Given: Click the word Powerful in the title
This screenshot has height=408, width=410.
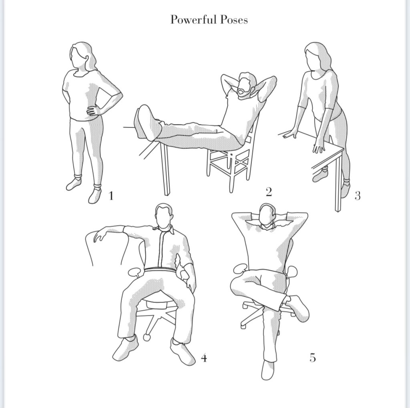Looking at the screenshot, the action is pyautogui.click(x=193, y=20).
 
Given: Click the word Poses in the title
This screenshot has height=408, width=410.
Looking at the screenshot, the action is pyautogui.click(x=234, y=20).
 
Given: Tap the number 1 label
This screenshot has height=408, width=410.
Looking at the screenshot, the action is pyautogui.click(x=111, y=196).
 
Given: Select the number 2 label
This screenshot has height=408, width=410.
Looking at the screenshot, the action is pyautogui.click(x=269, y=192).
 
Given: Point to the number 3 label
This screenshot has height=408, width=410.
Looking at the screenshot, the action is pyautogui.click(x=358, y=196).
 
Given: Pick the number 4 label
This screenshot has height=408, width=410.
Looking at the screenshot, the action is pyautogui.click(x=204, y=358).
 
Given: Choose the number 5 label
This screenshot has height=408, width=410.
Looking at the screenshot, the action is pyautogui.click(x=313, y=357).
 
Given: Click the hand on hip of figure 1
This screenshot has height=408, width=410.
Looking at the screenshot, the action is pyautogui.click(x=93, y=110).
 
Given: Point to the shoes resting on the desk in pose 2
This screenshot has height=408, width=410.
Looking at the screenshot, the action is pyautogui.click(x=147, y=123).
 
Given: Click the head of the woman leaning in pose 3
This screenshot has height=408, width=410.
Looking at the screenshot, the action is pyautogui.click(x=314, y=56).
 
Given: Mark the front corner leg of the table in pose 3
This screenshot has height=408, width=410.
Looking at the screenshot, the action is pyautogui.click(x=338, y=183).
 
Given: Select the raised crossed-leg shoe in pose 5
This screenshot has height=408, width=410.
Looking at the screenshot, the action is pyautogui.click(x=298, y=308).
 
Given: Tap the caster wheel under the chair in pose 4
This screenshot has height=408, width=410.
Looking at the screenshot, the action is pyautogui.click(x=147, y=337).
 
